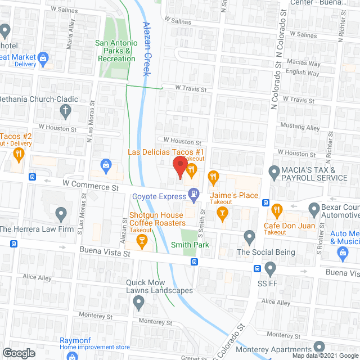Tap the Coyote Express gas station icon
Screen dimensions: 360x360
pyautogui.click(x=193, y=193)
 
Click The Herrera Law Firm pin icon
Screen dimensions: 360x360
pyautogui.click(x=61, y=214)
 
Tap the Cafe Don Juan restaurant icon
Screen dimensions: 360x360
pyautogui.click(x=276, y=210)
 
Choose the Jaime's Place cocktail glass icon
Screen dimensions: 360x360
pyautogui.click(x=223, y=212)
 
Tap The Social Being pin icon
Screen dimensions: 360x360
pyautogui.click(x=250, y=237)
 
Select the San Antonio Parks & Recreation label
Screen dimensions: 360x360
pyautogui.click(x=116, y=51)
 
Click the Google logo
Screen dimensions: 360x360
pyautogui.click(x=18, y=353)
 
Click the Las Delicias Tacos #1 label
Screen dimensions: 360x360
pyautogui.click(x=166, y=152)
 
